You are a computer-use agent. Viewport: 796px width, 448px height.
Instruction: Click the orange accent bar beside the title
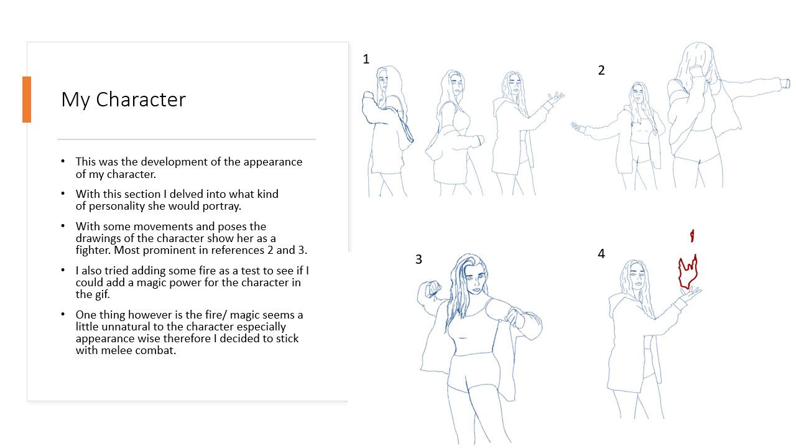coord(27,100)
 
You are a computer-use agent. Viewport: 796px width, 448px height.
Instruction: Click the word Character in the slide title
coord(141,100)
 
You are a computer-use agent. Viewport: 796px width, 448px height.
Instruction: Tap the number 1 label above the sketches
coord(366,59)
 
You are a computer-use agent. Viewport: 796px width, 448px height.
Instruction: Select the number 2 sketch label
coord(601,70)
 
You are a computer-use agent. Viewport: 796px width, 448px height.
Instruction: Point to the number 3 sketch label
coord(419,259)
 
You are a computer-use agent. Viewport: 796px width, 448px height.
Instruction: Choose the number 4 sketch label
coord(601,254)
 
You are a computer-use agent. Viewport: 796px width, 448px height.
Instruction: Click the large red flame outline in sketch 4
coord(687,273)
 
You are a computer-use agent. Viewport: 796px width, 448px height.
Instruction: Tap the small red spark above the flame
coord(692,236)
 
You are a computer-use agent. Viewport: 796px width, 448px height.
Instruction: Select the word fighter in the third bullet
coord(93,250)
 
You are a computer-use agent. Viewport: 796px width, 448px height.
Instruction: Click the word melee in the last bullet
coord(116,350)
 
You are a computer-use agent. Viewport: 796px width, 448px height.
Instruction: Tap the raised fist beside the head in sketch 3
coord(432,288)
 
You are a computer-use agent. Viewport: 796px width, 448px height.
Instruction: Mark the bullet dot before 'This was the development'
coord(63,161)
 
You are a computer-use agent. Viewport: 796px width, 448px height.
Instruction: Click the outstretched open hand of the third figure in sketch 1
coord(555,98)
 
